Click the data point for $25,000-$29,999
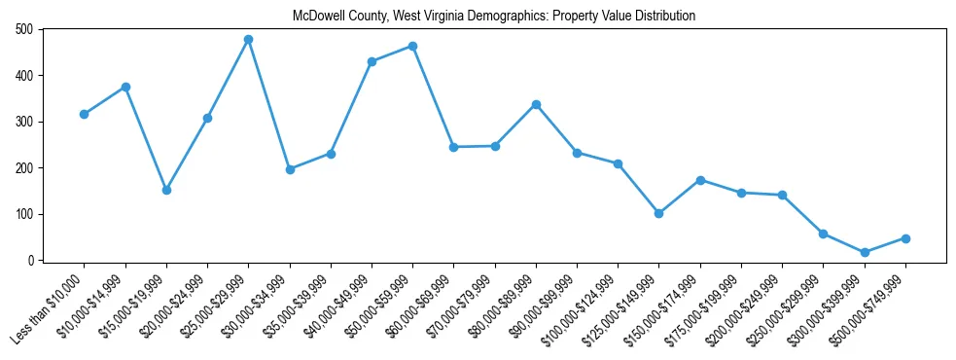click(x=248, y=39)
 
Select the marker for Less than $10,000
click(x=84, y=114)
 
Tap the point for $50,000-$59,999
click(x=412, y=46)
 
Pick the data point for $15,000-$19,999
click(x=166, y=190)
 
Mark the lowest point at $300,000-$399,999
click(x=865, y=252)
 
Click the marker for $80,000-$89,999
click(x=536, y=104)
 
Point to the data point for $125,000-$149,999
click(x=659, y=213)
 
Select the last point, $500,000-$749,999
click(x=905, y=238)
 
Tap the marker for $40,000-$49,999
click(x=372, y=61)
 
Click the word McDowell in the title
click(x=317, y=16)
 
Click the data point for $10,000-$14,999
click(x=125, y=87)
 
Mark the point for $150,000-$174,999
click(x=700, y=180)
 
